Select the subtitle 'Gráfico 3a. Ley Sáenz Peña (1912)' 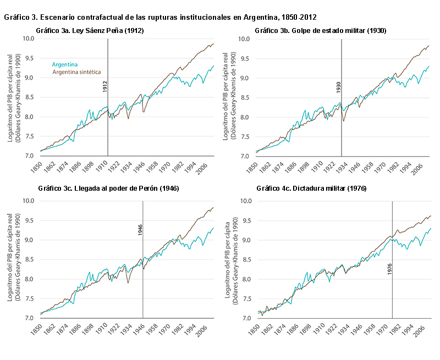90,31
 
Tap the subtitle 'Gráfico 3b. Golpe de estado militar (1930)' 321,31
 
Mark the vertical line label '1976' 389,269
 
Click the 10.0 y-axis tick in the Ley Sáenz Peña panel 28,39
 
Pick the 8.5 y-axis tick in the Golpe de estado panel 245,97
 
